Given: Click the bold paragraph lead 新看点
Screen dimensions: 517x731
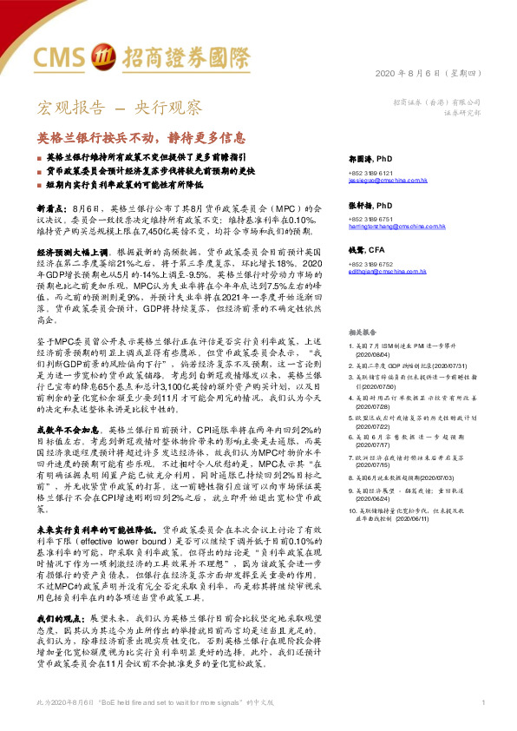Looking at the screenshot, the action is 49,209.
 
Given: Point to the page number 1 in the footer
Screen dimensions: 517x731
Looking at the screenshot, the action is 481,701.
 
